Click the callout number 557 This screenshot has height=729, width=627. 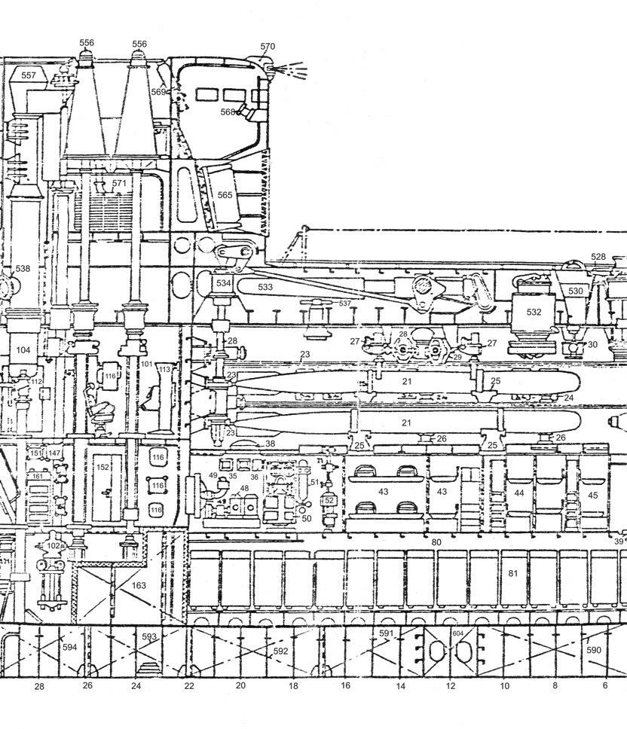(29, 75)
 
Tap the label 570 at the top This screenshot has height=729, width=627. (268, 47)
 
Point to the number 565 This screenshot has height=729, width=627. (225, 194)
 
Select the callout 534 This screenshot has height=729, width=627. (223, 284)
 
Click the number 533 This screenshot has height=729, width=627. (265, 287)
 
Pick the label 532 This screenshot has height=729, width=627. (534, 311)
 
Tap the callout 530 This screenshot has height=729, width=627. (575, 291)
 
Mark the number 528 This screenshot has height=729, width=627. (598, 257)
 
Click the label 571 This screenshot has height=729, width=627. (119, 183)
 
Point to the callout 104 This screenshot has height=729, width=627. (23, 350)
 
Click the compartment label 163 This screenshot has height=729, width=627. (139, 584)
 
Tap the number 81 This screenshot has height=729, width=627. (513, 574)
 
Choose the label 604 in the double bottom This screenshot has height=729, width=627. (457, 634)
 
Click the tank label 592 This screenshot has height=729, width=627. (280, 651)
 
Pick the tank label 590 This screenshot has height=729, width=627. (593, 649)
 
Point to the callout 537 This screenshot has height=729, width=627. (345, 303)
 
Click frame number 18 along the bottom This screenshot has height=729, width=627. (293, 686)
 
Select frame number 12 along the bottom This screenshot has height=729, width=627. (451, 686)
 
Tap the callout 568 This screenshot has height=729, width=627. (228, 111)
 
